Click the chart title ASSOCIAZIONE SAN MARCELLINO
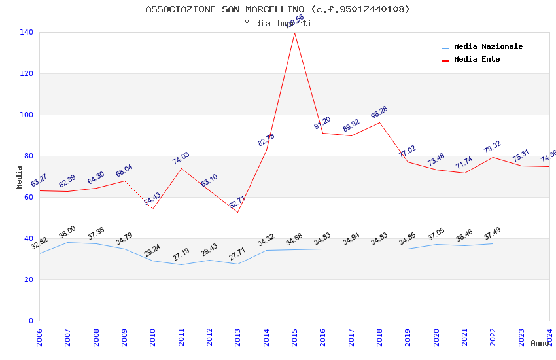277,9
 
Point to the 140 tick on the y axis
27,32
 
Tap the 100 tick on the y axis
27,115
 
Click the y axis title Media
20,177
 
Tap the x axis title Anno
540,343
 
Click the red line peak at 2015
294,32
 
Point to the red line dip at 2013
237,212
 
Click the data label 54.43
152,199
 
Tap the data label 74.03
181,158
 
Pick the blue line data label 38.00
67,232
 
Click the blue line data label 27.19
181,255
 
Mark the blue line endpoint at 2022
493,243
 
